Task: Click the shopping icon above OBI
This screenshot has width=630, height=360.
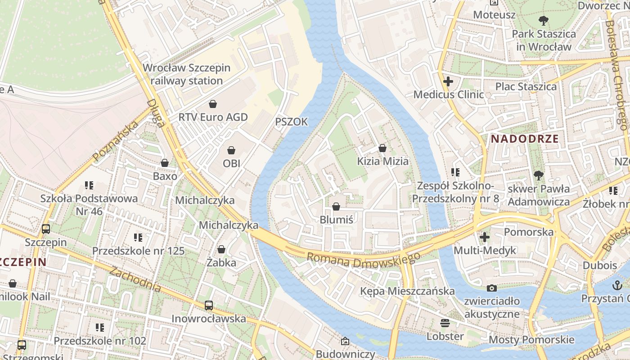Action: pos(231,150)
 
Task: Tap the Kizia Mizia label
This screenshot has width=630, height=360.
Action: pos(383,161)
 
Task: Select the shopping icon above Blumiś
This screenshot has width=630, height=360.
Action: pos(336,207)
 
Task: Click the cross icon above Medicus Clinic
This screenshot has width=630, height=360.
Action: pos(448,82)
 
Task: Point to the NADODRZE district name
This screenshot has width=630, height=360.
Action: pos(525,139)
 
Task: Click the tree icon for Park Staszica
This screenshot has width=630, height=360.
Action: pos(544,20)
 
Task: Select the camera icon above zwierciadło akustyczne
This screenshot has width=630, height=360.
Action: pos(492,288)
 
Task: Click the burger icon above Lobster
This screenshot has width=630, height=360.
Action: pos(445,323)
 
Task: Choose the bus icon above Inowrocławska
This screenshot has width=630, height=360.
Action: pos(209,306)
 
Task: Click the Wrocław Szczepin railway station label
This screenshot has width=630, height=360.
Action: pos(186,74)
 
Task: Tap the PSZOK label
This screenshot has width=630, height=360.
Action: pos(292,122)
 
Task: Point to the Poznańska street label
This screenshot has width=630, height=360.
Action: pos(115,142)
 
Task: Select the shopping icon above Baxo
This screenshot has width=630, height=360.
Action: pos(165,163)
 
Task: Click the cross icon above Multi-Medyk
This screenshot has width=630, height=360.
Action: pos(485,237)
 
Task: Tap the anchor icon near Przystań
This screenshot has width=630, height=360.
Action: pos(617,285)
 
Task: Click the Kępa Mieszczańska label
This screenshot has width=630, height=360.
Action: pos(407,291)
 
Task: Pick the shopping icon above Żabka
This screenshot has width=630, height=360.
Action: pos(221,249)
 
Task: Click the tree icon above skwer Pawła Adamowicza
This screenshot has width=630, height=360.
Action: pos(538,175)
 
